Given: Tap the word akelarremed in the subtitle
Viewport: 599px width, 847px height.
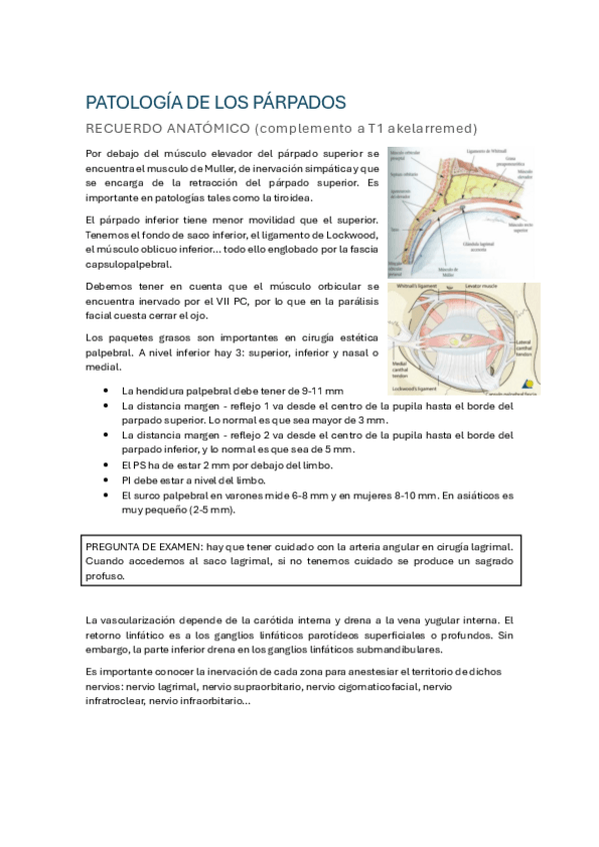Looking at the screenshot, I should pyautogui.click(x=406, y=129).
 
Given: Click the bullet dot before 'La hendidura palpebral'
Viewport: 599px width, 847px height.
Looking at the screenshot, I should pyautogui.click(x=107, y=391).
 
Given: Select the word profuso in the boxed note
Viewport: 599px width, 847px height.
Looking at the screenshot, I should pyautogui.click(x=105, y=576).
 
